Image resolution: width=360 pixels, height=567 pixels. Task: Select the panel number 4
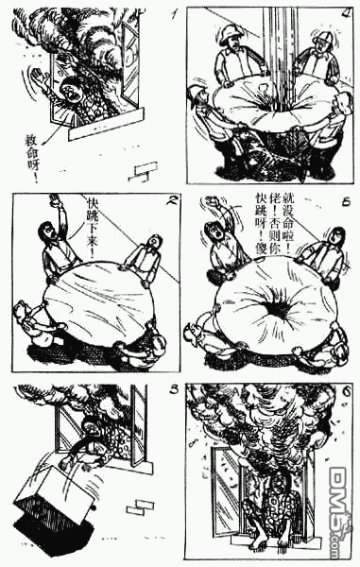(347, 14)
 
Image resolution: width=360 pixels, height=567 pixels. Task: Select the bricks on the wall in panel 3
(142, 506)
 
